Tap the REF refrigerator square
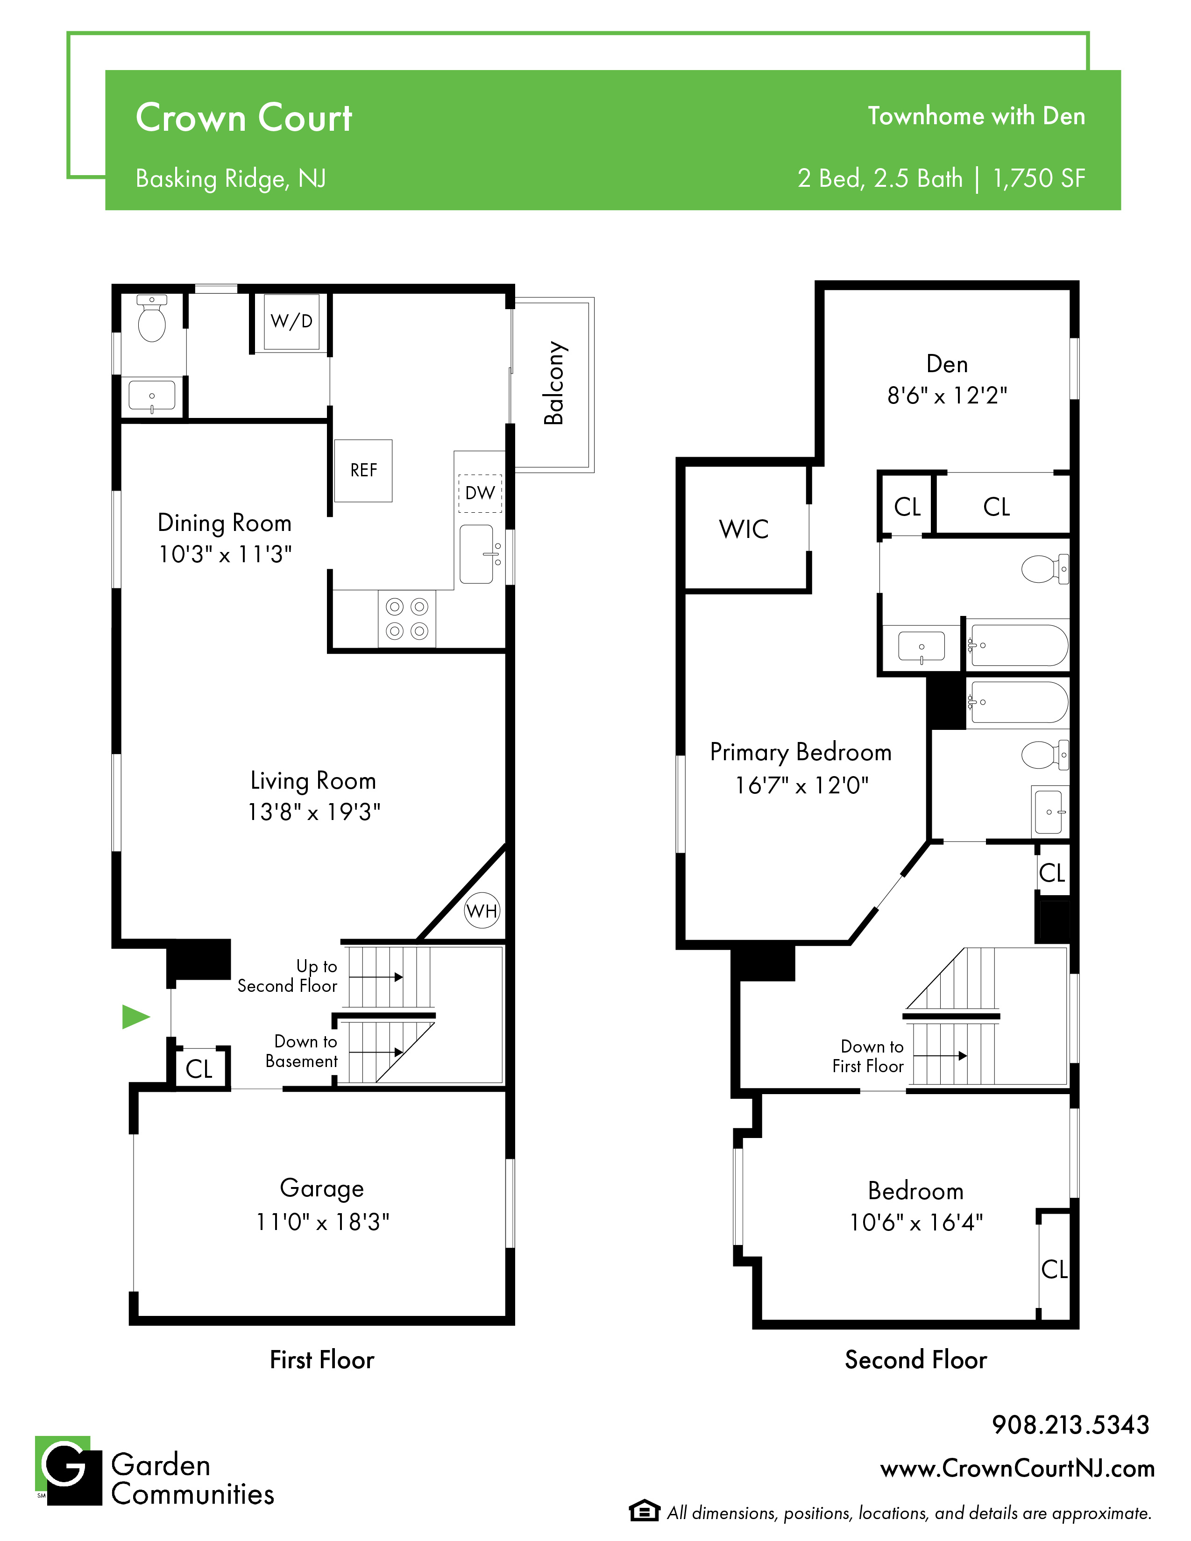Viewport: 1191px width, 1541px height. (363, 471)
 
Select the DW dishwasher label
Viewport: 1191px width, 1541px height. (480, 493)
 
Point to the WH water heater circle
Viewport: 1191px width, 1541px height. (482, 911)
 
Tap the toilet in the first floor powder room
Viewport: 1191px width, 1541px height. (152, 319)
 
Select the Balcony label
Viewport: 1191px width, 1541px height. (554, 383)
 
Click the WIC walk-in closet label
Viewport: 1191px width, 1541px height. (744, 529)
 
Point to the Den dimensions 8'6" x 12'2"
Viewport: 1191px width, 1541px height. (947, 396)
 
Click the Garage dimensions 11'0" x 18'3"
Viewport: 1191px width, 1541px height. (322, 1222)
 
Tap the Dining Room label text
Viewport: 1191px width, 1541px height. (224, 523)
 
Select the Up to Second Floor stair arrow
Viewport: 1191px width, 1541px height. (376, 977)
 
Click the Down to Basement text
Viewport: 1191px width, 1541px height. (302, 1051)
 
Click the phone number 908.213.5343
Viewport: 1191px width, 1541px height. (1070, 1425)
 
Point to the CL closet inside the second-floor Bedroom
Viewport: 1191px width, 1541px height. (1054, 1269)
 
